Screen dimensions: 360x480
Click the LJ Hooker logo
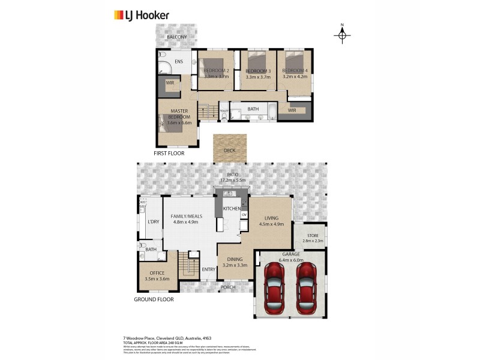(141, 15)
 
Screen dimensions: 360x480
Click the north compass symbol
(342, 35)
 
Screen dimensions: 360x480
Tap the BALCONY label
(176, 37)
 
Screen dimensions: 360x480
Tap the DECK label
(229, 151)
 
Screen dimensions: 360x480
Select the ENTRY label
(208, 269)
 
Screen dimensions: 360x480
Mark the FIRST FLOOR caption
(169, 154)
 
